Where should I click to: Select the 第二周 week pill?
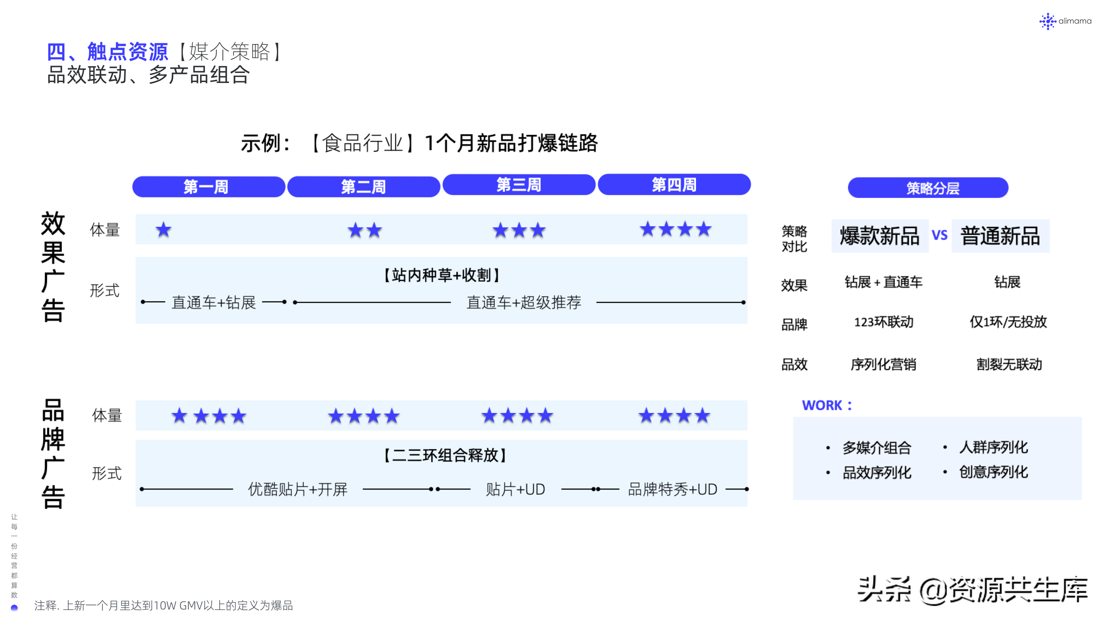(363, 187)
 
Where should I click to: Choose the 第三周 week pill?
(519, 185)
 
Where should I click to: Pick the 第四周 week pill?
(674, 184)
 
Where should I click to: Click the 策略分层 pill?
(928, 188)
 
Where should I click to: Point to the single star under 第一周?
(163, 230)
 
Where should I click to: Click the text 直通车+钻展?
(214, 302)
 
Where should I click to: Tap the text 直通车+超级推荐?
(524, 302)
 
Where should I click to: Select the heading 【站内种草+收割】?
(442, 275)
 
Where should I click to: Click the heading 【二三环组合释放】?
(445, 455)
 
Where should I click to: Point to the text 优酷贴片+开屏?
(298, 489)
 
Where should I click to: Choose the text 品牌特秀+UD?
(672, 489)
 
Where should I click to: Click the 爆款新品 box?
(880, 236)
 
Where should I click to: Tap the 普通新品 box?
(1000, 236)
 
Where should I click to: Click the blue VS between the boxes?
(940, 235)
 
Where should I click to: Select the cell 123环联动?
(884, 322)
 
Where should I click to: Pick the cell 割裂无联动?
(1009, 364)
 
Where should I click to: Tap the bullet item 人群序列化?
(993, 447)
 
